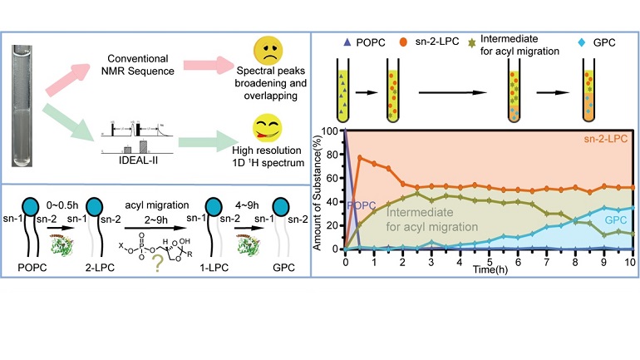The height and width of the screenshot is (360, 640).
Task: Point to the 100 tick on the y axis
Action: pyautogui.click(x=332, y=131)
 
